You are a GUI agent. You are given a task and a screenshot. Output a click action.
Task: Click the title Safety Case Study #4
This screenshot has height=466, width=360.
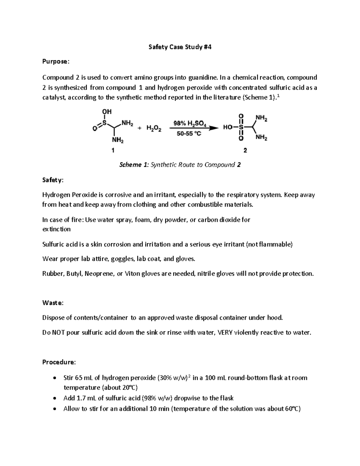point(180,47)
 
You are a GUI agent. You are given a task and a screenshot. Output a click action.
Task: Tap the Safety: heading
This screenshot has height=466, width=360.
point(53,180)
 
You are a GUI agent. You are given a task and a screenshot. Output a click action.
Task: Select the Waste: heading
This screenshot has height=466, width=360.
point(53,303)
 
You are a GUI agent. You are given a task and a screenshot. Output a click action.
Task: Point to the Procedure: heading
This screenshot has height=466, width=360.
point(59,362)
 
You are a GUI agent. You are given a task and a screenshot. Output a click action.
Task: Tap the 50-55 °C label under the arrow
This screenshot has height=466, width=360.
point(189,134)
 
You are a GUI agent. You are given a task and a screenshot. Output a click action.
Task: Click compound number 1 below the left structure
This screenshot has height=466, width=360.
point(113,151)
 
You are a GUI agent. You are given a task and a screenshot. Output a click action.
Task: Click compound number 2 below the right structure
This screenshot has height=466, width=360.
point(245,151)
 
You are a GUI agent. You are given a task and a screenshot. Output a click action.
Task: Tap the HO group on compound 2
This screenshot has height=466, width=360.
point(228,128)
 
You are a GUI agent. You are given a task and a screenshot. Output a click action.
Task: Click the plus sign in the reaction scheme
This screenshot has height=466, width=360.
point(139,128)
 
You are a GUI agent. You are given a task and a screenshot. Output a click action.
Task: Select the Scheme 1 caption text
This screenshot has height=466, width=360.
point(180,165)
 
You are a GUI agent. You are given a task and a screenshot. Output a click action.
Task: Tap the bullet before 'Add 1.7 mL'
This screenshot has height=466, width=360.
point(54,398)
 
